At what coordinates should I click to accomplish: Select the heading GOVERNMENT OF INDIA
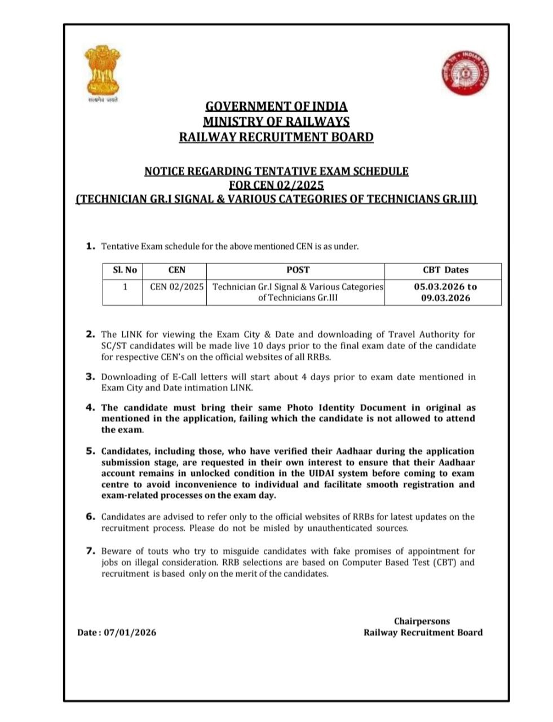(276, 106)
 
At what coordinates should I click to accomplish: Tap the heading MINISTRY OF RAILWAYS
(276, 121)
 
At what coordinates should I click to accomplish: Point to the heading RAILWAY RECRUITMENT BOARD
(276, 137)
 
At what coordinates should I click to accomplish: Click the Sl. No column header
(125, 270)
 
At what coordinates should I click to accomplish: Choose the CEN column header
(176, 270)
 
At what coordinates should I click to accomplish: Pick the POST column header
(298, 270)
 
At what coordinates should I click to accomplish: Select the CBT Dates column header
(445, 270)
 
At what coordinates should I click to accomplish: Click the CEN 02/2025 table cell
(176, 287)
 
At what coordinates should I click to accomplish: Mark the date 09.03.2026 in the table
(445, 298)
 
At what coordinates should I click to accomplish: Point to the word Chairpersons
(422, 621)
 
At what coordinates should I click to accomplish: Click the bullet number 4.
(90, 407)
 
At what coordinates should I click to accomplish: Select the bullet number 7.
(90, 551)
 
